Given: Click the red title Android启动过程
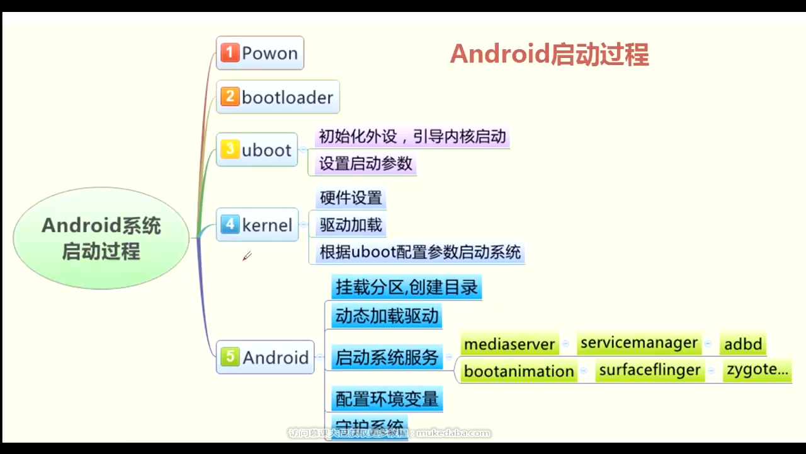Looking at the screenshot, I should (549, 55).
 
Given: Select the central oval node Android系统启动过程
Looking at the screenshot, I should (101, 238).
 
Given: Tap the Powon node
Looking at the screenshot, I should (260, 53).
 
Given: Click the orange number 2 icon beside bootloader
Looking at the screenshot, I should (230, 96).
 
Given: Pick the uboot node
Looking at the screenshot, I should (257, 150).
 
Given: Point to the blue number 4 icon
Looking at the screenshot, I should (230, 224).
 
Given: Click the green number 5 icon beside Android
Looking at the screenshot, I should (230, 357).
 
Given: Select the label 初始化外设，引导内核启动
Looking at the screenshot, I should (412, 136).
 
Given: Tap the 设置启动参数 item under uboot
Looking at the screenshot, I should (365, 163).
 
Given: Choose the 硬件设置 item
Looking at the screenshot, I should (351, 198).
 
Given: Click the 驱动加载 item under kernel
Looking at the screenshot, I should (351, 225).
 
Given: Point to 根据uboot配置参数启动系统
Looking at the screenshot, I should (420, 252).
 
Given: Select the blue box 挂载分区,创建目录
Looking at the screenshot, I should (407, 288).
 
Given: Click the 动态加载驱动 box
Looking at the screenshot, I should (387, 315).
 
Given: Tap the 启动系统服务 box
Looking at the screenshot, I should (387, 358).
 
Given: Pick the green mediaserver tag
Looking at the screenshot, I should (509, 344).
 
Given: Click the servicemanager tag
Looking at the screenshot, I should (639, 343).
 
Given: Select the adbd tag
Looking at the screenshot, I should (743, 344).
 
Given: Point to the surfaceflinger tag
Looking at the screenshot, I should (650, 370).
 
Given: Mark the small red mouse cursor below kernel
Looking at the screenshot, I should (246, 256).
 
